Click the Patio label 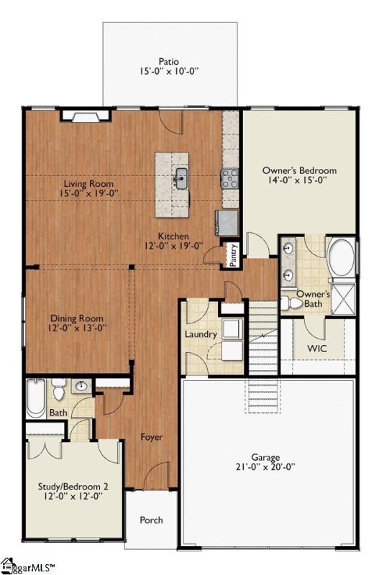pos(169,61)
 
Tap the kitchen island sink pos(181,178)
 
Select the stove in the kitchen pos(229,178)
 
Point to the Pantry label pos(233,256)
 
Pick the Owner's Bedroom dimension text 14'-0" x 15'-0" pos(299,180)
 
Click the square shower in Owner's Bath pos(344,299)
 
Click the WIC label pos(317,348)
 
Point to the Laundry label pos(201,334)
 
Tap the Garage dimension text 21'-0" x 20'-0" pos(265,466)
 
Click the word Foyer pos(152,437)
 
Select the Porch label pos(151,520)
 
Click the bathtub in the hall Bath pos(36,399)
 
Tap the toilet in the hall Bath pos(59,390)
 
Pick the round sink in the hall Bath pos(81,386)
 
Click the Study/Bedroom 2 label pos(73,487)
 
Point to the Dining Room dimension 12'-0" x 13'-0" pos(77,328)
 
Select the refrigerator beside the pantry pos(227,223)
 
